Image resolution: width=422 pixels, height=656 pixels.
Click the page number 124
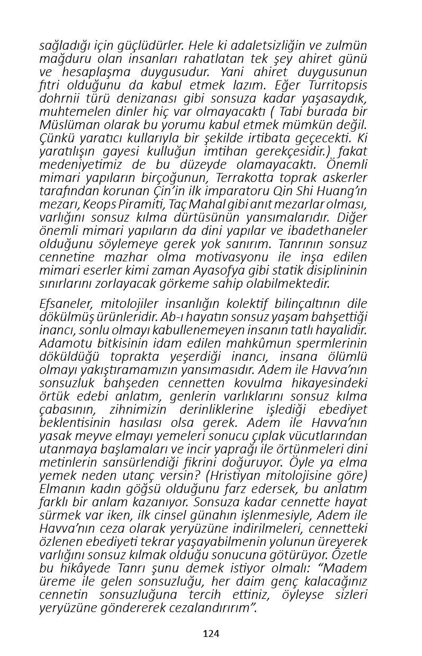[211, 633]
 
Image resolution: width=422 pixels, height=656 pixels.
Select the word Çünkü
[57, 138]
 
